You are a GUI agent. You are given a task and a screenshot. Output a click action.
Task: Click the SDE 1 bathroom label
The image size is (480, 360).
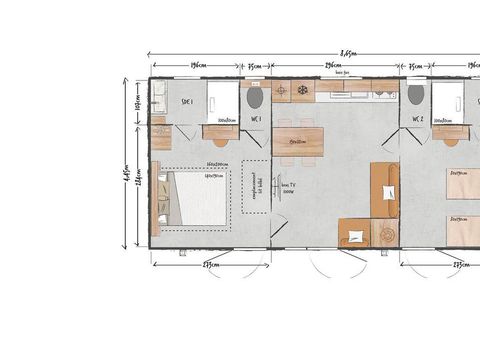pos(186,101)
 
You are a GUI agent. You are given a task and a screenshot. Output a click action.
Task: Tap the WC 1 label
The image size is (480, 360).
pos(256,119)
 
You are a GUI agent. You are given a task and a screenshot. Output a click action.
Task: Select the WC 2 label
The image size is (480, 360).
pos(417,119)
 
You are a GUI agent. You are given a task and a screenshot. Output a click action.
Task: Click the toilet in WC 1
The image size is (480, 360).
pos(255,96)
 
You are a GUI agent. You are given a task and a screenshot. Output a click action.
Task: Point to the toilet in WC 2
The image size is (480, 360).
pos(416,95)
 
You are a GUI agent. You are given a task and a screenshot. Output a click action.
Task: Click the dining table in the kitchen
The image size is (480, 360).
pos(298,140)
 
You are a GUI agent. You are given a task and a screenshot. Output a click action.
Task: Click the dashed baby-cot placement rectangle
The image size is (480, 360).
pos(256,185)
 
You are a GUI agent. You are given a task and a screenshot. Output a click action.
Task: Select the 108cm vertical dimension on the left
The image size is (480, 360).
pos(140,100)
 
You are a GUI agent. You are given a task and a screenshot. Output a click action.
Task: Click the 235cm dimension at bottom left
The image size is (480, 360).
pos(211,264)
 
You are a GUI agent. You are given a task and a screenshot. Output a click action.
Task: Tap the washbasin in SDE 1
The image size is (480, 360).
pos(159,98)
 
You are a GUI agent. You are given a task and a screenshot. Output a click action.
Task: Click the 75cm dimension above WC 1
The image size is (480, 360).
pos(256,66)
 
